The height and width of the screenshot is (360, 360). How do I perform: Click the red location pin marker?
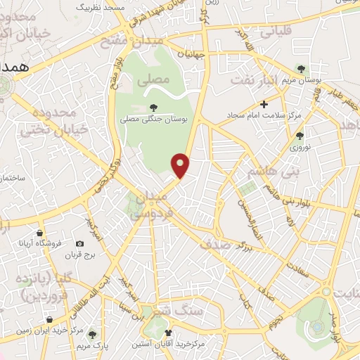181,165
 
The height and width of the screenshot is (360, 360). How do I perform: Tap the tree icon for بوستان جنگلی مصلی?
153,107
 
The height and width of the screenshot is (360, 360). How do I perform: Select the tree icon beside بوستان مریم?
302,69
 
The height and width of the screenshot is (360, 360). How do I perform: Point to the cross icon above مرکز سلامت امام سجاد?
264,105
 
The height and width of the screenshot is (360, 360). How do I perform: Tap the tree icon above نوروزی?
301,136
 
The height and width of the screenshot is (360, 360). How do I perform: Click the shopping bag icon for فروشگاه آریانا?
42,233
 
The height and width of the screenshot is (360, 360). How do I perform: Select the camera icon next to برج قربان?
79,244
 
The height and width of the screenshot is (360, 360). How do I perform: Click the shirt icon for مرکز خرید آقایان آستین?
168,333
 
